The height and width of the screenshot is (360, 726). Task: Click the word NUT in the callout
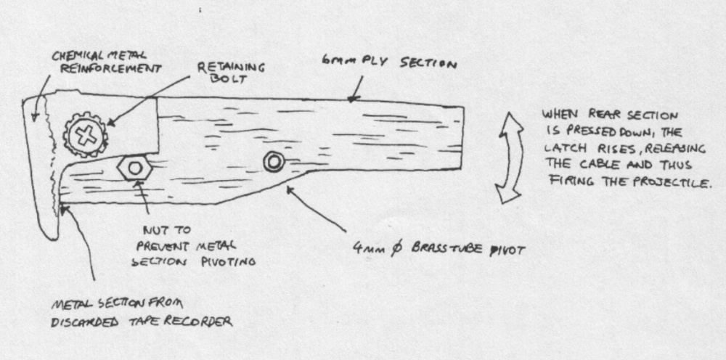click(x=161, y=230)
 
